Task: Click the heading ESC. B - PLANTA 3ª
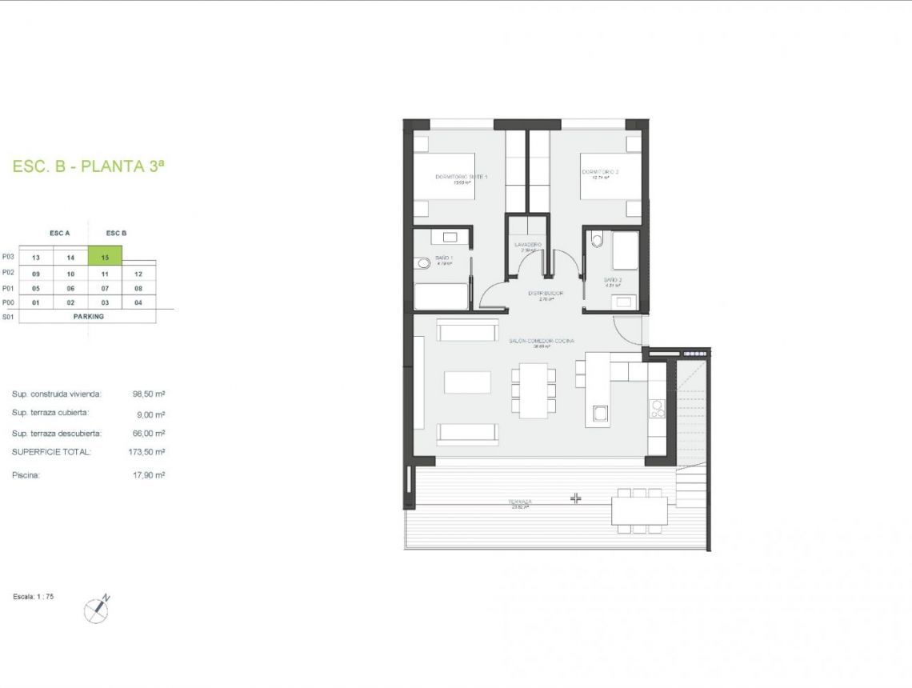(89, 166)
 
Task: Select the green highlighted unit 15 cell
(105, 257)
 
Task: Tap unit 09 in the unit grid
(36, 274)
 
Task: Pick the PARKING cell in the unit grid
(87, 316)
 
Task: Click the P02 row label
(8, 273)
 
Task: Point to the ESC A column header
(60, 233)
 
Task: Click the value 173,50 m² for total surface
(149, 452)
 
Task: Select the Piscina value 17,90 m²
(149, 474)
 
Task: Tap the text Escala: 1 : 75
(34, 597)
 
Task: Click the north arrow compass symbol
(97, 610)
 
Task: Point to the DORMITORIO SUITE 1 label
(461, 177)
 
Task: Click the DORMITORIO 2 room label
(600, 172)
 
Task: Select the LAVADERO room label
(528, 245)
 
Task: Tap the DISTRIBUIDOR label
(546, 294)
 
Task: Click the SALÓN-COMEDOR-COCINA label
(541, 342)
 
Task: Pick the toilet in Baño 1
(423, 263)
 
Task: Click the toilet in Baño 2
(596, 239)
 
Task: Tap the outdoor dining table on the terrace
(639, 510)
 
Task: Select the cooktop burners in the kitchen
(657, 409)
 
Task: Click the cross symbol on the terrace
(575, 498)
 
